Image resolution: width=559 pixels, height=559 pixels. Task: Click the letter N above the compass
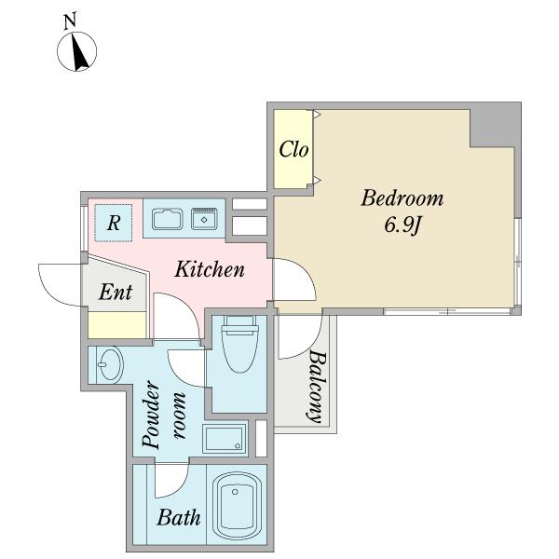tap(70, 21)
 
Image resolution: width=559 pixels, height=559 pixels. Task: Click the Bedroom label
tap(402, 198)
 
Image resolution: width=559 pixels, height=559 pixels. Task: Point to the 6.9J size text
tap(403, 225)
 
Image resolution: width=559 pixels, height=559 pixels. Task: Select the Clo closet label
tap(293, 149)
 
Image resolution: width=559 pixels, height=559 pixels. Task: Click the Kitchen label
tap(210, 269)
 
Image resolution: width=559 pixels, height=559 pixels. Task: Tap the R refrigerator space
tap(114, 224)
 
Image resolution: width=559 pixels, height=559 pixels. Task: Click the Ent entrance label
tap(116, 292)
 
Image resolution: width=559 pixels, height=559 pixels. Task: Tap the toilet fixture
tap(240, 345)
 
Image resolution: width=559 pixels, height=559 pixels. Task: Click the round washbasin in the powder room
tap(110, 364)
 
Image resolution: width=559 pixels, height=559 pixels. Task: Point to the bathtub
tap(237, 506)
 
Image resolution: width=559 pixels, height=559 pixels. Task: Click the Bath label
tap(179, 517)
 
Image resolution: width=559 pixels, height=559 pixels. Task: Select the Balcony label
tap(317, 387)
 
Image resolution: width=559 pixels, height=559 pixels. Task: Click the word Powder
tap(151, 415)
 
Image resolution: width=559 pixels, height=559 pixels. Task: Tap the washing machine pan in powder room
tap(225, 439)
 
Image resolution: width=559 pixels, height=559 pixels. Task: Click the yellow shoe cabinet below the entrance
tap(117, 325)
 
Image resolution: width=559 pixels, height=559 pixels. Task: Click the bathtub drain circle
tap(235, 492)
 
